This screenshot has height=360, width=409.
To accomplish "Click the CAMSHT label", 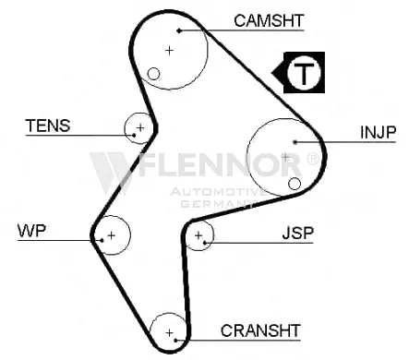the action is click(x=269, y=21).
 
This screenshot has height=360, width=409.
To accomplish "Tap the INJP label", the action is click(x=378, y=132).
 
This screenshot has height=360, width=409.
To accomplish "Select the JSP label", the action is click(x=298, y=233).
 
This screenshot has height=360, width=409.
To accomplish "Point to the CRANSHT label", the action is click(x=260, y=330).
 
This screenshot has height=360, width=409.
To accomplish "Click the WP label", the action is click(x=31, y=231).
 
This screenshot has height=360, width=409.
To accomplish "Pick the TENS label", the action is click(x=48, y=126).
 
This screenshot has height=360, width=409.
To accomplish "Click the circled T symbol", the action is click(x=304, y=73).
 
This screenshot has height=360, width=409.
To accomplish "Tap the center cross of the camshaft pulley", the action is click(x=169, y=50).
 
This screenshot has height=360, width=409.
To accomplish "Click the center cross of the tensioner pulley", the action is click(x=140, y=127).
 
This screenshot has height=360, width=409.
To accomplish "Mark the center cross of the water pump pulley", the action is click(x=112, y=235).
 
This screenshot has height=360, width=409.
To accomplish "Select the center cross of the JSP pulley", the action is click(x=198, y=235).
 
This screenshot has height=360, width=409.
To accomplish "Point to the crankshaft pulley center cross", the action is click(x=169, y=332).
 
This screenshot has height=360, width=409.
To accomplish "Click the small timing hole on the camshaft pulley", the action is click(x=153, y=74).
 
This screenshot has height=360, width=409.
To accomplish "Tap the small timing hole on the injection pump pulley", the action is click(x=295, y=184).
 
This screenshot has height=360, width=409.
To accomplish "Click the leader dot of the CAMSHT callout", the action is click(x=179, y=30).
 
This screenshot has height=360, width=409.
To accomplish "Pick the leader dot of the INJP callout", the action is click(x=295, y=142).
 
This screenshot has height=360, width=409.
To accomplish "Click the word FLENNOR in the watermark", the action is click(x=220, y=164).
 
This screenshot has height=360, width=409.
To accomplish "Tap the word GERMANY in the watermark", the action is click(x=218, y=203).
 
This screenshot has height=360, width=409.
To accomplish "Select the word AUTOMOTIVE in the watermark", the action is click(x=219, y=192).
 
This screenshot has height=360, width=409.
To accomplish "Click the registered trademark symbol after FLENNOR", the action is click(x=312, y=159).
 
